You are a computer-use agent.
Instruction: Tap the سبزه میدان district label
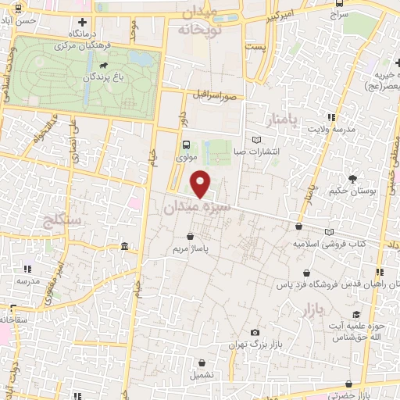pos(198,208)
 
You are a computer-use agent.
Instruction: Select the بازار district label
pos(310,311)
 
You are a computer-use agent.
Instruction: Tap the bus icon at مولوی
pos(186,145)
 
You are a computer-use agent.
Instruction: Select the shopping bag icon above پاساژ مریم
pos(191,237)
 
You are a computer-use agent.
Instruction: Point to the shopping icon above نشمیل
pos(202,362)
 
